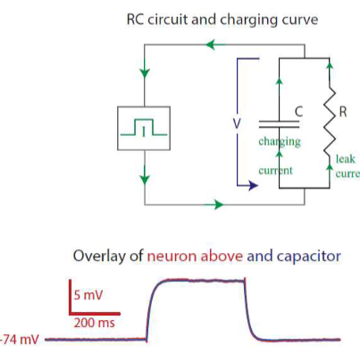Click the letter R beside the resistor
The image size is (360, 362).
point(343,114)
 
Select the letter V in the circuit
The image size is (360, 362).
point(236,122)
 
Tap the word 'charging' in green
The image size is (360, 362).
point(279,142)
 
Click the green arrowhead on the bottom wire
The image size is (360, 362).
point(217,205)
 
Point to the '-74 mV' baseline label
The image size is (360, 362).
point(20,340)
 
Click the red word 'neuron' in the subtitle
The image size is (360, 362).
point(176,256)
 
